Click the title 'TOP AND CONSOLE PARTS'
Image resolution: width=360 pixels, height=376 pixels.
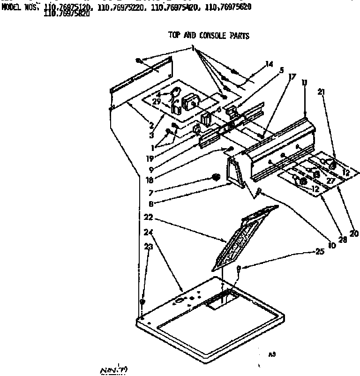click(209, 36)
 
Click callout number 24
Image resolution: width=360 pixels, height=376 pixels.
click(148, 231)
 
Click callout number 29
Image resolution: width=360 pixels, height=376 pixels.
click(157, 101)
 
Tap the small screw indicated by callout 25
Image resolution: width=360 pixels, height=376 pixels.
click(240, 269)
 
